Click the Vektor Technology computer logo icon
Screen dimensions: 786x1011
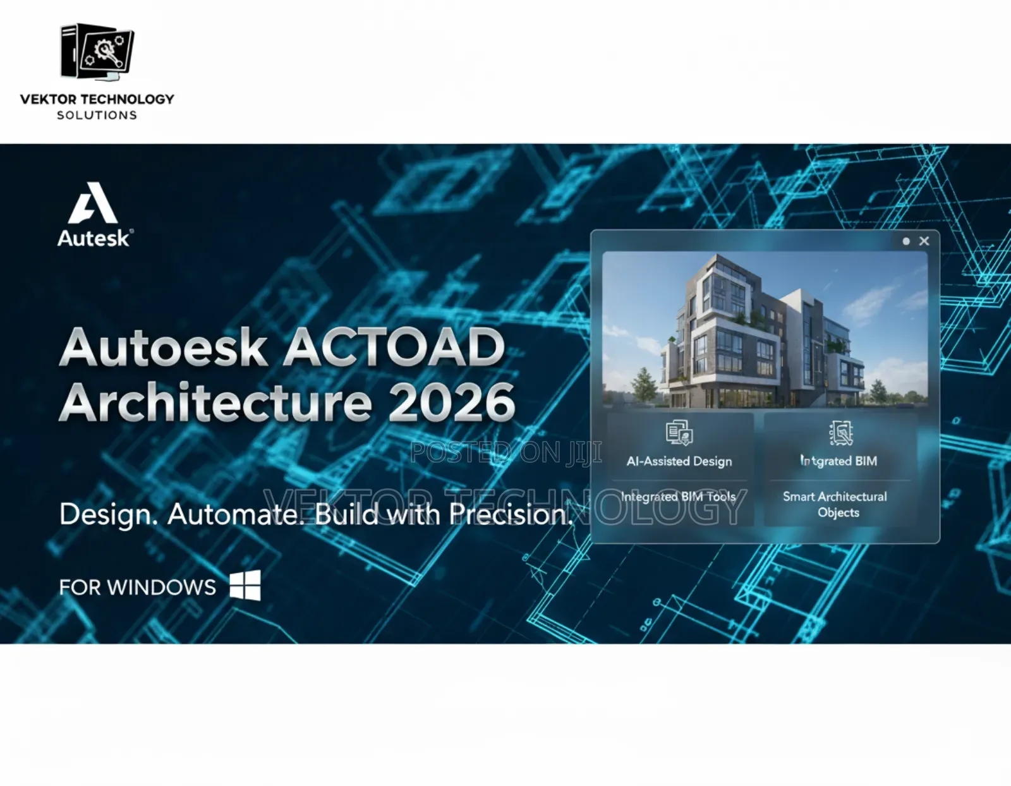tap(97, 52)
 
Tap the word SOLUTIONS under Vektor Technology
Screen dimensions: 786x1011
tap(97, 115)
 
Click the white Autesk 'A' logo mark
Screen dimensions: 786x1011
tap(93, 203)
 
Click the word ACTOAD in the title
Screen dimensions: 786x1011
tap(396, 348)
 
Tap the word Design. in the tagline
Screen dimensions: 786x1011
tap(108, 514)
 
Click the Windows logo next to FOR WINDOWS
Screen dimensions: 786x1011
tap(245, 586)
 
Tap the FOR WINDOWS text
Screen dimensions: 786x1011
tap(137, 588)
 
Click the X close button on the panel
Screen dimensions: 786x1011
tap(924, 241)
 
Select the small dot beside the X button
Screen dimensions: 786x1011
tap(906, 241)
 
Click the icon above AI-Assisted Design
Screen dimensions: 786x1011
tap(679, 433)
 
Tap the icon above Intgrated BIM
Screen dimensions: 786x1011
tap(841, 433)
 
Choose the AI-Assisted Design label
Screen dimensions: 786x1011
tap(679, 461)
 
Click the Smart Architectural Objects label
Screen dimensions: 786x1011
tap(835, 504)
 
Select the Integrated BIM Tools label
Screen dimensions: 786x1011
tap(678, 497)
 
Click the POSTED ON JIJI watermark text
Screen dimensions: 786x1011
tap(505, 452)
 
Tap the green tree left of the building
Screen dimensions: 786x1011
tap(644, 382)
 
